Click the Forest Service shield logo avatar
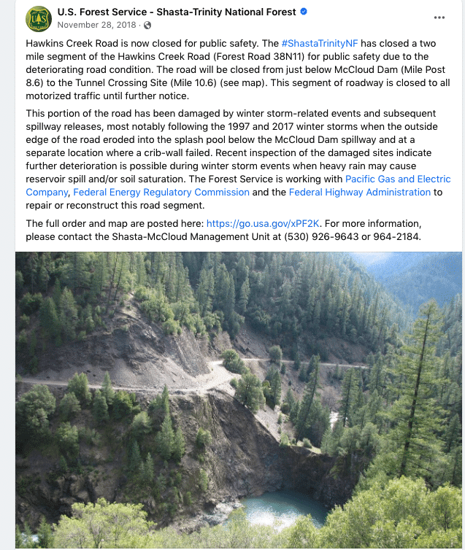[x=38, y=18]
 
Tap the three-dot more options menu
[x=439, y=18]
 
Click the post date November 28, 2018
[x=98, y=25]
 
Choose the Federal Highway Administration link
[x=359, y=192]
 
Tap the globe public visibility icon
[x=147, y=25]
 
